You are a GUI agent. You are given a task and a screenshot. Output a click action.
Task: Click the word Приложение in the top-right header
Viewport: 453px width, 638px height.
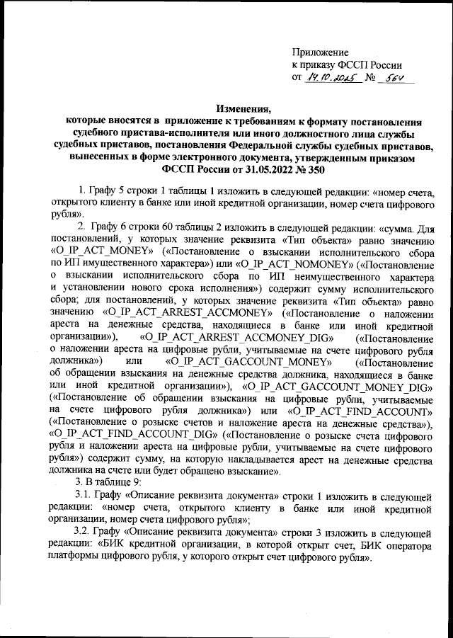point(320,52)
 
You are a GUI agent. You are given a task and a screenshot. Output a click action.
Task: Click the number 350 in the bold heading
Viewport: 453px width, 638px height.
point(296,169)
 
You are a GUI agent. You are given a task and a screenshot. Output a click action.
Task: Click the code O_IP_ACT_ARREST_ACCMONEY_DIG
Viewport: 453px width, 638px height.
point(231,336)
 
